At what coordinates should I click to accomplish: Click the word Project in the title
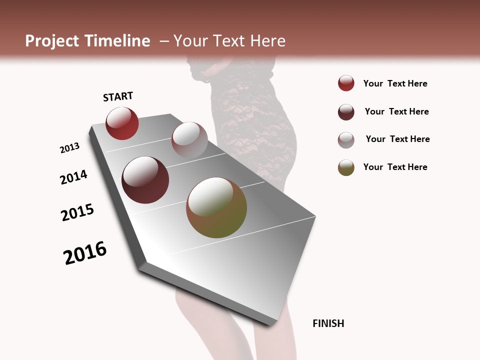(x=51, y=41)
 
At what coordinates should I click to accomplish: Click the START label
(x=118, y=96)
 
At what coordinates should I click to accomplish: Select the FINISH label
(x=328, y=323)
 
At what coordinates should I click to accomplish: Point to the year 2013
(x=69, y=148)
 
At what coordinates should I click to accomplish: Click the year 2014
(x=73, y=177)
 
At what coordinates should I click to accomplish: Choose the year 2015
(x=77, y=212)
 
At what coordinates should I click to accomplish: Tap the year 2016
(x=85, y=253)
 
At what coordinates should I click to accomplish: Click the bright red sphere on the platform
(x=122, y=123)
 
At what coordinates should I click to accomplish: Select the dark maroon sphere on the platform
(x=145, y=180)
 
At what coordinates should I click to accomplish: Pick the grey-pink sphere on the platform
(x=189, y=139)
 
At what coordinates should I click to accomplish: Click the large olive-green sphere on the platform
(x=216, y=207)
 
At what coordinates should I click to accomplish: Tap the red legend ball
(x=346, y=83)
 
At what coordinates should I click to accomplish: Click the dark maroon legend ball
(x=346, y=112)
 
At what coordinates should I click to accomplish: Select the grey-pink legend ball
(x=346, y=140)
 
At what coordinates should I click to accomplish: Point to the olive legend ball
(x=346, y=167)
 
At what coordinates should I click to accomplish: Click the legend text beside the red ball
(x=395, y=83)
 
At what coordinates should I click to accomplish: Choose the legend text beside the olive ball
(x=395, y=167)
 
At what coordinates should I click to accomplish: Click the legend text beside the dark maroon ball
(x=396, y=111)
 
